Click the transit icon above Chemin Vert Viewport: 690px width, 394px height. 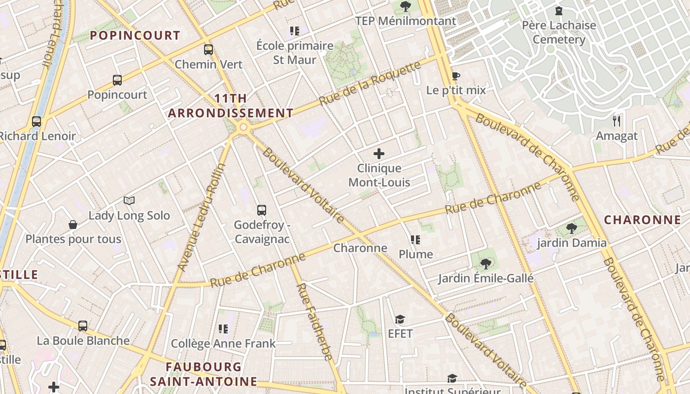208,49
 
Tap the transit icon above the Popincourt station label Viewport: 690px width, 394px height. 117,80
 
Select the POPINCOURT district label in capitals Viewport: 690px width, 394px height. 136,35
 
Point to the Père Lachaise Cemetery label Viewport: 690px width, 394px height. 559,33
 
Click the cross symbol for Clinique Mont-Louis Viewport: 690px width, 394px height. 379,154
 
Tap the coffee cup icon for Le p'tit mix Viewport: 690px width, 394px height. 456,76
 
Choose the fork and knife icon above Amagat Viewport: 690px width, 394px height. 617,121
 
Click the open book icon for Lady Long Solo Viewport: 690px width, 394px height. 129,200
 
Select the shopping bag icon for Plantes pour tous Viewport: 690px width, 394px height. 73,225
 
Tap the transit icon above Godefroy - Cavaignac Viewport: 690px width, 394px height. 262,210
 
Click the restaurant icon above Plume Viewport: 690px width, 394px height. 415,240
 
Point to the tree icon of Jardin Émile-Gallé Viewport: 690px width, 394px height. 486,264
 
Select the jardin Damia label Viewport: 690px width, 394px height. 572,243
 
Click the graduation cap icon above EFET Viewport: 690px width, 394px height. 400,319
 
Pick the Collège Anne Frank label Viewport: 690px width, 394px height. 223,343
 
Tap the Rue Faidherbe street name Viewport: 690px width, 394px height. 313,322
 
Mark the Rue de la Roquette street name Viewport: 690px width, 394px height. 370,83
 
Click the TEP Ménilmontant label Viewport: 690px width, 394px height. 406,21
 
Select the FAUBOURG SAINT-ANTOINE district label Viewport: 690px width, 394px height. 204,374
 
